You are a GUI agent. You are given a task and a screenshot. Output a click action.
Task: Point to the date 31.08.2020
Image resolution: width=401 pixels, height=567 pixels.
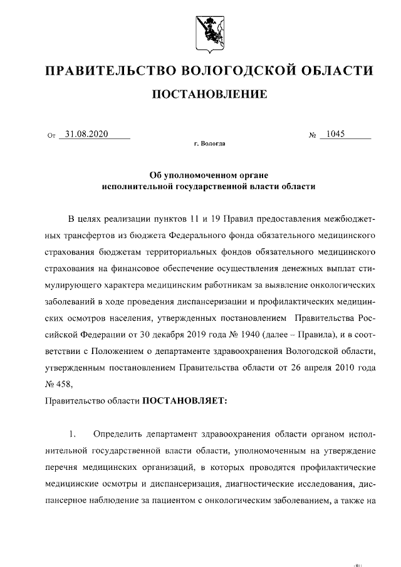tap(87, 133)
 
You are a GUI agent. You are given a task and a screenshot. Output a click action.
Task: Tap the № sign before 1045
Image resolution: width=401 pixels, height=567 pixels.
tap(312, 135)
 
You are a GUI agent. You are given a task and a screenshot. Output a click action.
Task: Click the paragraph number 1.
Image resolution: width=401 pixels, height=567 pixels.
tap(73, 434)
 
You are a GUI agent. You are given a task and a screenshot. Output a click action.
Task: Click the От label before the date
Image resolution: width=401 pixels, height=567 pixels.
tap(51, 135)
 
